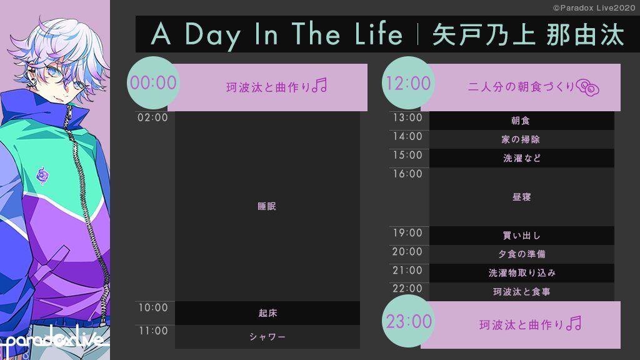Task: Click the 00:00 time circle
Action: [154, 83]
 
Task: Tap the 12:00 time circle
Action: [408, 83]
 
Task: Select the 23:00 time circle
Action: [408, 321]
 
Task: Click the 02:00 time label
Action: [152, 117]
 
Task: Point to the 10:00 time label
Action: [153, 307]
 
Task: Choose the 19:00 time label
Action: [407, 233]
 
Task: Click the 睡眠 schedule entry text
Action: [267, 206]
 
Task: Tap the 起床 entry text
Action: [267, 313]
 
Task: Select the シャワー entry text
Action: [267, 337]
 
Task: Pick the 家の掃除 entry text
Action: [521, 139]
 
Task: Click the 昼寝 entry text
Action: [522, 197]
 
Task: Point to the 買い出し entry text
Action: [522, 236]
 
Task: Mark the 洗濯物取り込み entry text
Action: [522, 273]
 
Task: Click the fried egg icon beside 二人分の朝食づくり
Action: [587, 87]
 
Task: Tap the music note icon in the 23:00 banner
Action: [574, 323]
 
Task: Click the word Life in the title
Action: [378, 34]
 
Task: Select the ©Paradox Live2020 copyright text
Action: [594, 7]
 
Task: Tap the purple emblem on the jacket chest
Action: [42, 176]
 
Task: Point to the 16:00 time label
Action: [407, 174]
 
